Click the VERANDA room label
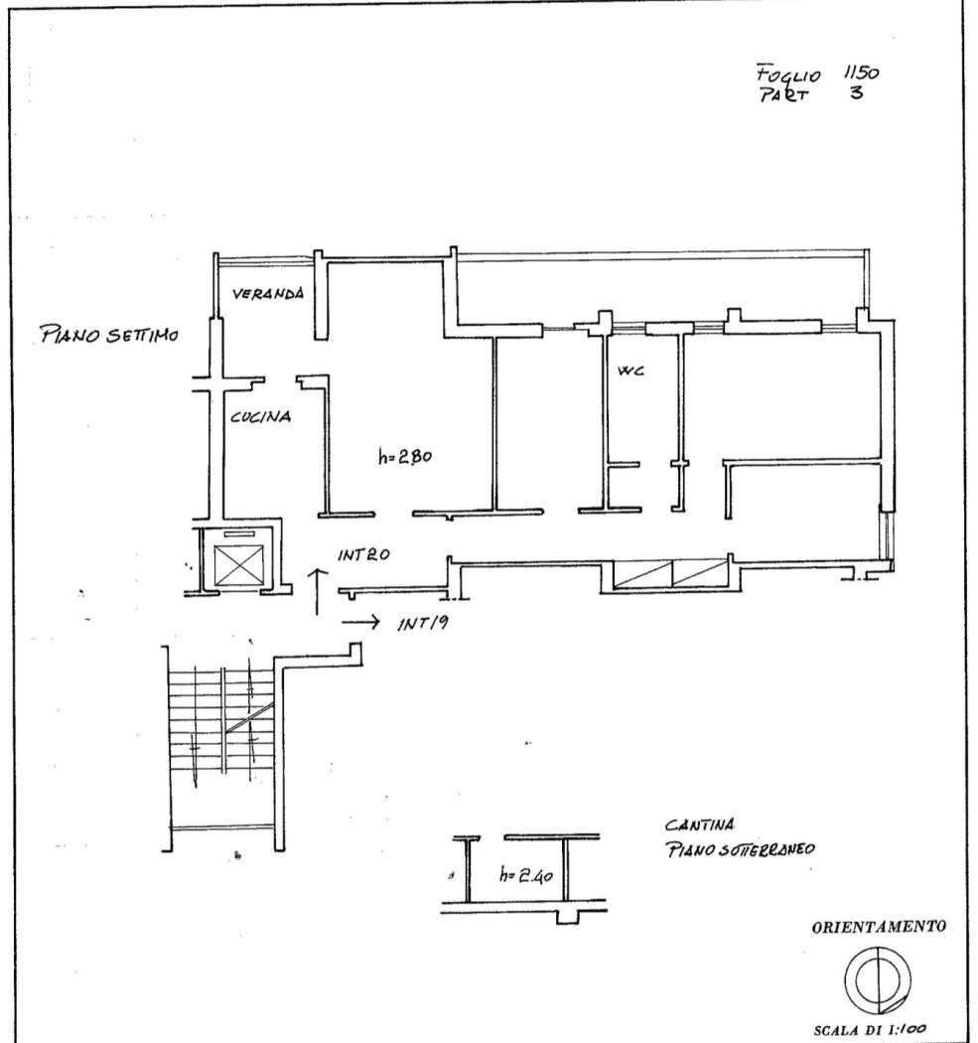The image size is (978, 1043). (268, 293)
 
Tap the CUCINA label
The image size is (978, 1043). (260, 417)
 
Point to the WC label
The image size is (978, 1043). (630, 371)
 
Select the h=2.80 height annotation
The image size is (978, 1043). (405, 456)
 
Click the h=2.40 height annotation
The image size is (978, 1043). (526, 875)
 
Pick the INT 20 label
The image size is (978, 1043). (363, 554)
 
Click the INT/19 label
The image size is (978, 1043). (423, 623)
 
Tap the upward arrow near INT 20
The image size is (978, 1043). (318, 592)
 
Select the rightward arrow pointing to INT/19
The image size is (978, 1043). (360, 622)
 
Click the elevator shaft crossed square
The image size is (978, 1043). (238, 565)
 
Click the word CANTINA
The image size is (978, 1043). (700, 825)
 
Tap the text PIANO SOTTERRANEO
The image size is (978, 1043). (741, 849)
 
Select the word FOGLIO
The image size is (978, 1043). (788, 74)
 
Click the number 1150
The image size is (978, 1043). (861, 72)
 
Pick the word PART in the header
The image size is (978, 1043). (784, 95)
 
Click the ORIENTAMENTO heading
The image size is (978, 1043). (879, 927)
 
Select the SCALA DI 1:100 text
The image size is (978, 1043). (870, 1030)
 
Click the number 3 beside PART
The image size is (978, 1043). (856, 92)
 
